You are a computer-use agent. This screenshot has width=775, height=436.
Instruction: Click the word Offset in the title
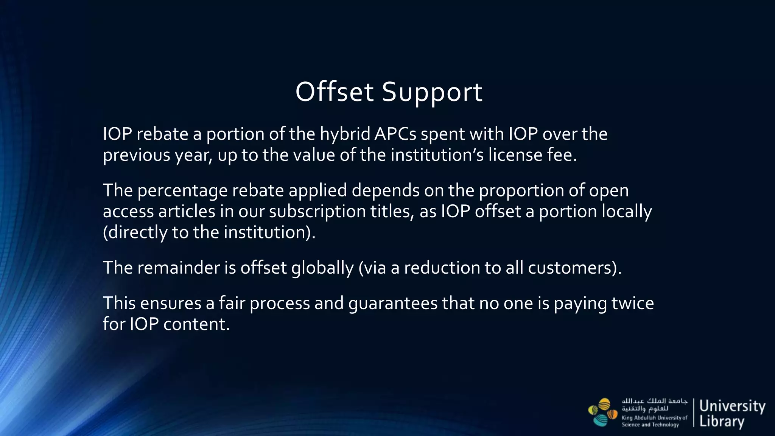(x=335, y=92)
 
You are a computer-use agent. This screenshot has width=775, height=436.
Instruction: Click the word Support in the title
(x=432, y=92)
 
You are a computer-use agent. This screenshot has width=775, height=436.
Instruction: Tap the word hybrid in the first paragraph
(x=345, y=134)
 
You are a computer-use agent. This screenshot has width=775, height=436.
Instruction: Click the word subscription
(x=317, y=211)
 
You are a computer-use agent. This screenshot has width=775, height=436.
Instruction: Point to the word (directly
(x=135, y=232)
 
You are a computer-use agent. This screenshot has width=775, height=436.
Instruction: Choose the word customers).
(x=574, y=268)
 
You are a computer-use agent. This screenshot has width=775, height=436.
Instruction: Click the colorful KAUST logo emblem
(x=602, y=412)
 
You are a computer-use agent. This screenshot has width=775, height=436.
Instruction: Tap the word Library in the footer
(x=722, y=422)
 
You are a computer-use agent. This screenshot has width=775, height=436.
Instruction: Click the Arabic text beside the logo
(x=654, y=405)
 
